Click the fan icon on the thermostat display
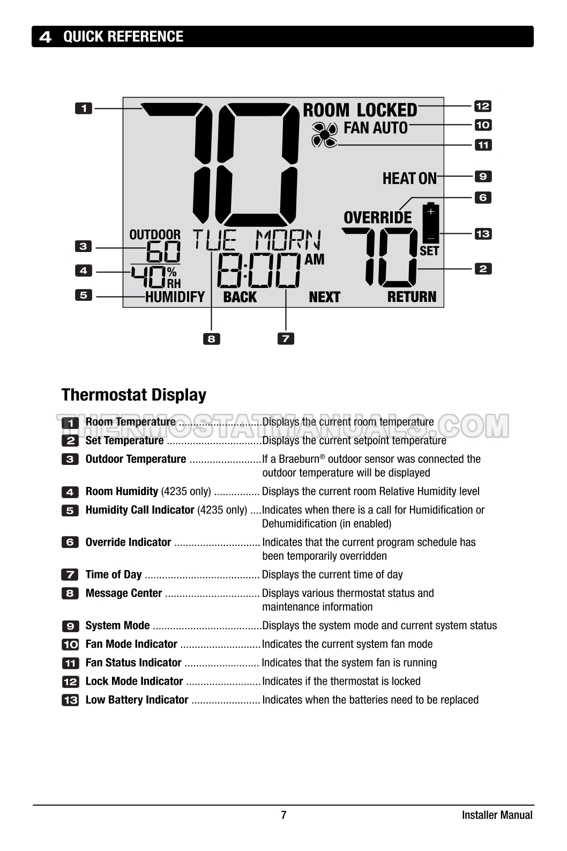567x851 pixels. [324, 135]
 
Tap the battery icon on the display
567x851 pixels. [431, 223]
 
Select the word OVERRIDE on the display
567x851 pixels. [378, 217]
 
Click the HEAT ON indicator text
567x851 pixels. [409, 178]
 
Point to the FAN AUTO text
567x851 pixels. [376, 128]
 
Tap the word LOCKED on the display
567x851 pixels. [387, 110]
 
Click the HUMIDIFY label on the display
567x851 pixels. [175, 297]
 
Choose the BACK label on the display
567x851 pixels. [240, 297]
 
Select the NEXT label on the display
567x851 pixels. [324, 297]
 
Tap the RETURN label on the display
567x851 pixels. [412, 297]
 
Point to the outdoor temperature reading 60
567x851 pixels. [163, 251]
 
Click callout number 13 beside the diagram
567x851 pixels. [483, 233]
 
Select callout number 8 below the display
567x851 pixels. [211, 339]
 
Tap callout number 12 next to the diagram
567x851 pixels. [483, 106]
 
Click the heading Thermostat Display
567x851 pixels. [134, 395]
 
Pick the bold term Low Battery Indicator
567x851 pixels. [137, 700]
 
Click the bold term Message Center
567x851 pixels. [124, 593]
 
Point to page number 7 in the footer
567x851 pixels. [283, 815]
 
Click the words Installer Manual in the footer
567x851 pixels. [497, 815]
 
